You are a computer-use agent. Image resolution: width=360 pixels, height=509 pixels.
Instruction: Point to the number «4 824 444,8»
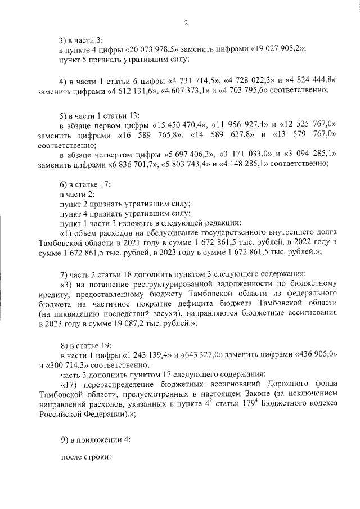click(x=309, y=79)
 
